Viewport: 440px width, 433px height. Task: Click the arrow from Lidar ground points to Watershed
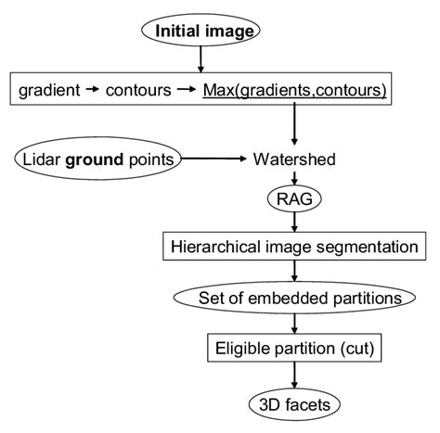(213, 159)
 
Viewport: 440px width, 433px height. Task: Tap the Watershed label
(293, 159)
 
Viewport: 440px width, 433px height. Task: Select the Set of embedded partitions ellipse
(293, 299)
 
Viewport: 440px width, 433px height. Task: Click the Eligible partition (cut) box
(293, 350)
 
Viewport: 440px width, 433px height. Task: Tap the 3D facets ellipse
(293, 403)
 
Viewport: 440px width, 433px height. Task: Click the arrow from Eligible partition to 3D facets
(293, 376)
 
